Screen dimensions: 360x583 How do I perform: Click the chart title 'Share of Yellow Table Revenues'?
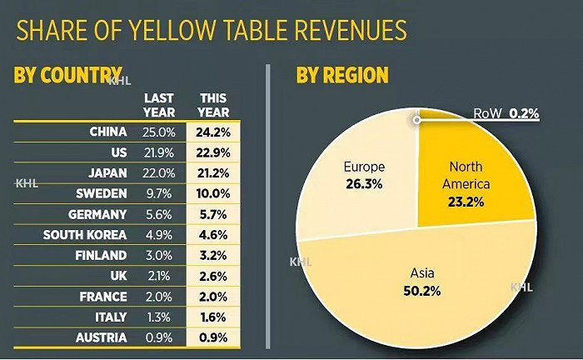212,32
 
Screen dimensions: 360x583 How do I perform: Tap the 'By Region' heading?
342,76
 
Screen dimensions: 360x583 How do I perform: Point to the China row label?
107,132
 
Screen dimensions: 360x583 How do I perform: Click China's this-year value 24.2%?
214,132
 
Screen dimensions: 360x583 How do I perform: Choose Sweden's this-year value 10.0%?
214,193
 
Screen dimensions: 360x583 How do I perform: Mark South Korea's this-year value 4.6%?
214,234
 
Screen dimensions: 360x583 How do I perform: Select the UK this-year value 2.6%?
214,276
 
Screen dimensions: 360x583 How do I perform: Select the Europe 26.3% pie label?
364,175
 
